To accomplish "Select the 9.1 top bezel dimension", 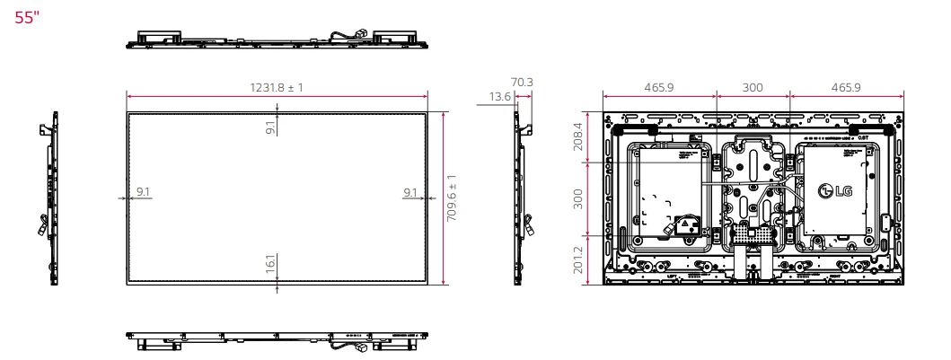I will (x=269, y=127).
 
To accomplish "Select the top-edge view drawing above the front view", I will (x=277, y=38).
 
